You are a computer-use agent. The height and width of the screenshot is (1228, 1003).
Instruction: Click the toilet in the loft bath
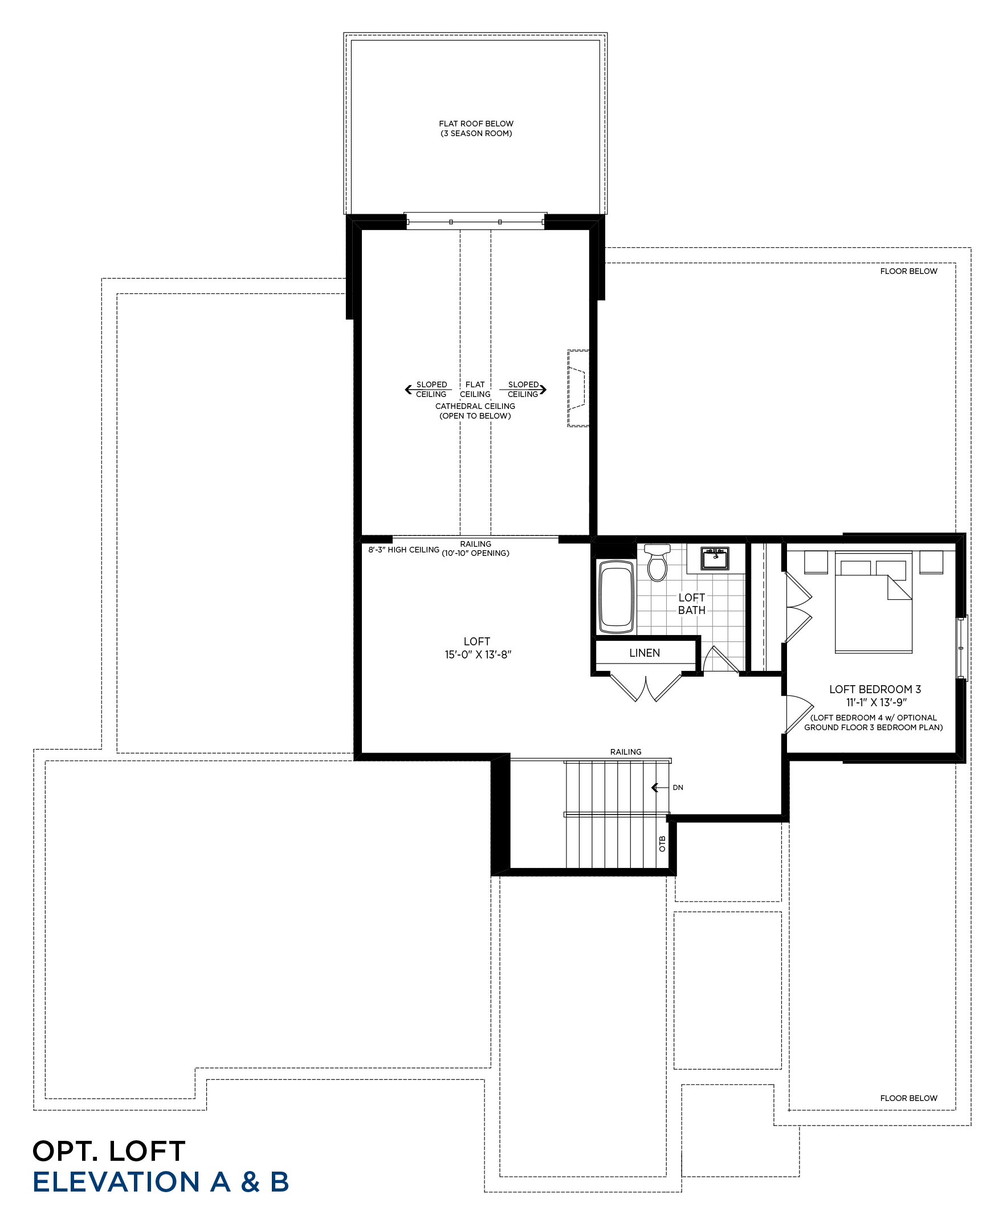[658, 562]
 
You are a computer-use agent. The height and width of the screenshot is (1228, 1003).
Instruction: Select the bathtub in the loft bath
[617, 597]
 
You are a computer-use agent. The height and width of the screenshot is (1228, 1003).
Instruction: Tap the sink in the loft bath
[715, 558]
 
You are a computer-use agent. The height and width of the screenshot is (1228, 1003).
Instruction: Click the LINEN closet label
[644, 652]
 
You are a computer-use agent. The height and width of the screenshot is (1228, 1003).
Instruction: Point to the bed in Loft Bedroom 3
[873, 603]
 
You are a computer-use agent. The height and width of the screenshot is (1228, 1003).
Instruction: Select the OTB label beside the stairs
[662, 844]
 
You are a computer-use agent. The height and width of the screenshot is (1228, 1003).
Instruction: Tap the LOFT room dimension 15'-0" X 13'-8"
[478, 654]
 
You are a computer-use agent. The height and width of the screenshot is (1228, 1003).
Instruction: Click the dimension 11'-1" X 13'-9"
[876, 702]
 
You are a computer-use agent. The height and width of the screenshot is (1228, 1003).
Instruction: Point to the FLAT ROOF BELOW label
[476, 124]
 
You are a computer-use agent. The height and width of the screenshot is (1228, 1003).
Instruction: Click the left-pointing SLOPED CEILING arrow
[428, 390]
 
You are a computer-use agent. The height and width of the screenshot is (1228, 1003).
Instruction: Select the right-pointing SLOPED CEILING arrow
[523, 390]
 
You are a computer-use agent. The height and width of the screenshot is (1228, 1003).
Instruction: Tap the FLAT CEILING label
[475, 389]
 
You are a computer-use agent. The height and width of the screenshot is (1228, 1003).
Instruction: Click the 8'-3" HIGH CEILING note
[404, 550]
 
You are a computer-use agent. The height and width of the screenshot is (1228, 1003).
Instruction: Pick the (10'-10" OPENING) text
[475, 553]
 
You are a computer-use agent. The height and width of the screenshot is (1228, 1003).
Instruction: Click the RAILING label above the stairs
[626, 752]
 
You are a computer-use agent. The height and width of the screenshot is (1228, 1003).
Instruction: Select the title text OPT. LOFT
[109, 1151]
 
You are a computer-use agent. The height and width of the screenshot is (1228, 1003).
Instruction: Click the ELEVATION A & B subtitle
[161, 1182]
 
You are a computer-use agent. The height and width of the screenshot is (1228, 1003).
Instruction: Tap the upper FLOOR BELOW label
[909, 271]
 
